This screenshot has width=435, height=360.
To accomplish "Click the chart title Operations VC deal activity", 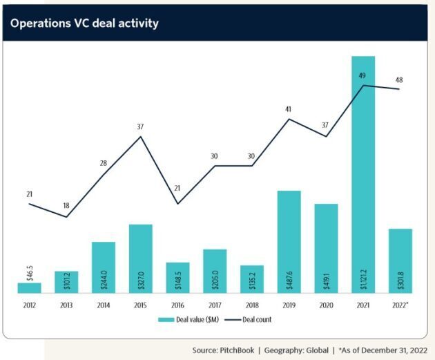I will coord(84,23).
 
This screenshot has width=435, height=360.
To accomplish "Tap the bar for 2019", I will coord(289,242).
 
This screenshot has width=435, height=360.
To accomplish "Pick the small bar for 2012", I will coord(30,287).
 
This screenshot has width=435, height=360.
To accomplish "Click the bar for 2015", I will coord(140,258).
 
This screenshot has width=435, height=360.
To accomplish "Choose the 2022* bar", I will coord(400,260).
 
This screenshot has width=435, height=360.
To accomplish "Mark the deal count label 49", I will coord(362,75).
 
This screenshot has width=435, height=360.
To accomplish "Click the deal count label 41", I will coord(289,108).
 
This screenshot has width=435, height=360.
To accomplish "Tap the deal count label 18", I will coord(66,206).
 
